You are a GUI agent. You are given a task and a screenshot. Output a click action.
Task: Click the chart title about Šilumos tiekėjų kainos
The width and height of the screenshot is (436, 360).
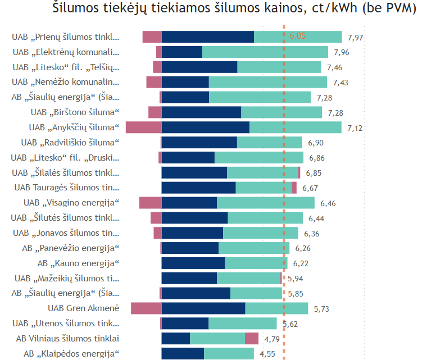pyautogui.click(x=234, y=9)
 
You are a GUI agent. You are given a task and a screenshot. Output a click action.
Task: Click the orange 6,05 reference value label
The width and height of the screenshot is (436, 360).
pyautogui.click(x=298, y=36)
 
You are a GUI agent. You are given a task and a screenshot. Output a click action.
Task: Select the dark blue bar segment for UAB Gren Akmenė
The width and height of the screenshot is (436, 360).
pyautogui.click(x=203, y=308)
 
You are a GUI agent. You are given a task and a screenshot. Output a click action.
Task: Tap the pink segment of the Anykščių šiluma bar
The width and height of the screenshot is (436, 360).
pyautogui.click(x=143, y=127)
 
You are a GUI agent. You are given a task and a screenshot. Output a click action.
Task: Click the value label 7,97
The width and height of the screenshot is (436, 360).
pyautogui.click(x=356, y=37)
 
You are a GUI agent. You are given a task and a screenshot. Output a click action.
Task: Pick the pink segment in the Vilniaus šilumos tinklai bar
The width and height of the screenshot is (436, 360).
pyautogui.click(x=252, y=338)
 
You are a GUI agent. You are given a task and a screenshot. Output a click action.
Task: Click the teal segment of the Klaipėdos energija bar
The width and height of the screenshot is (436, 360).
pyautogui.click(x=229, y=353)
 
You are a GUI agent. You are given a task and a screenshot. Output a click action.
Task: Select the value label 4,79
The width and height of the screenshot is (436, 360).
pyautogui.click(x=272, y=339)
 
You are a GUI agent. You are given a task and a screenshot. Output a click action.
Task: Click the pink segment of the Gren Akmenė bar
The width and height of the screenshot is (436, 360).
pyautogui.click(x=146, y=308)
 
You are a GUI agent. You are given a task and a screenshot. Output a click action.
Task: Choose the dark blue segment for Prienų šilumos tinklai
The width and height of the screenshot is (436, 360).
pyautogui.click(x=208, y=37)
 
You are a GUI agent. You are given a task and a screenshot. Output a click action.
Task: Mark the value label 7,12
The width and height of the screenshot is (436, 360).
pyautogui.click(x=355, y=128)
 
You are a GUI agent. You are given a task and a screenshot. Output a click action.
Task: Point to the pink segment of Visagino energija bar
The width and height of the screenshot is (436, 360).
pyautogui.click(x=151, y=203)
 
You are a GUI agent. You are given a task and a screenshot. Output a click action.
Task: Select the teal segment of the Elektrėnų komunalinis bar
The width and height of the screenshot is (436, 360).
pyautogui.click(x=265, y=52)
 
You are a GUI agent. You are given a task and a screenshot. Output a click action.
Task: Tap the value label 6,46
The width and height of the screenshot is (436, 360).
pyautogui.click(x=328, y=203)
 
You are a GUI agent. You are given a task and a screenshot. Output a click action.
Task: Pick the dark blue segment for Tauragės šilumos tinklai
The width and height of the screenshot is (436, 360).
pyautogui.click(x=199, y=188)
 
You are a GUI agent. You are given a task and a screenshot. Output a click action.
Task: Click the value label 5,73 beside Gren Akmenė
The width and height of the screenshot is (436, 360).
pyautogui.click(x=321, y=308)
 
